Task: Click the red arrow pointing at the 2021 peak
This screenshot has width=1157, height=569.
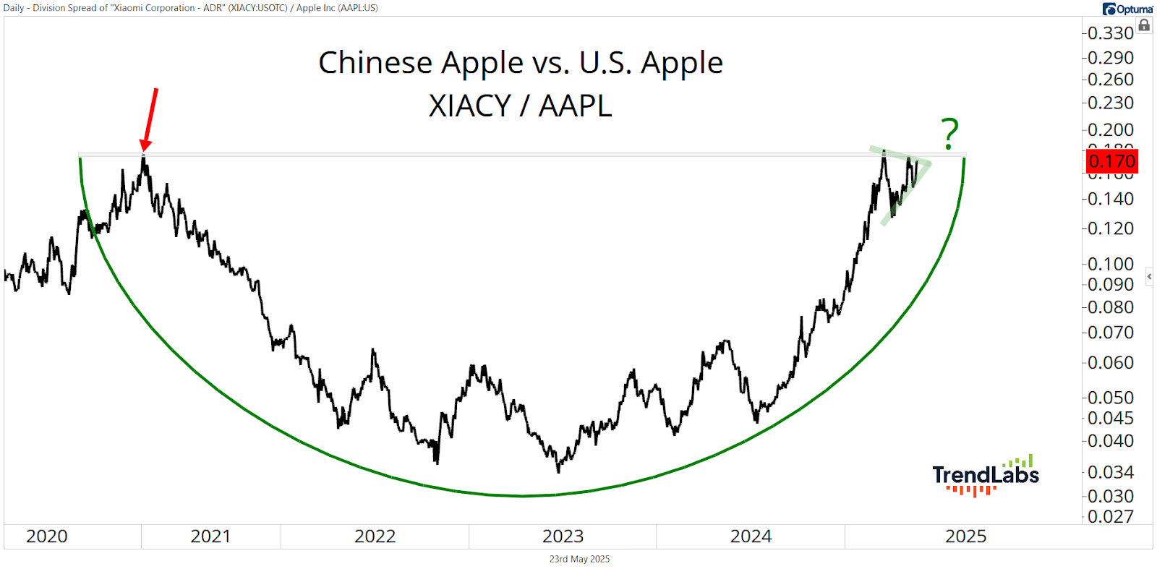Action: [150, 119]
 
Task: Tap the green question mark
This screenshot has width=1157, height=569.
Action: [949, 134]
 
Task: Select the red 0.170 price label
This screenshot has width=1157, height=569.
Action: [1111, 161]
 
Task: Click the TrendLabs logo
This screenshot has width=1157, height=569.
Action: [985, 476]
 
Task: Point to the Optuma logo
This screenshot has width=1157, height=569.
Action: [1127, 9]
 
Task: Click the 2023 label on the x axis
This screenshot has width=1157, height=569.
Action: [563, 536]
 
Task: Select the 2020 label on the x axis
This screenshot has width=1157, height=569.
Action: [47, 536]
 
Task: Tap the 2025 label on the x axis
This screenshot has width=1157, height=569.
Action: [965, 536]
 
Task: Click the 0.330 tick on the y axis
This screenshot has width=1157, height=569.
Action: [1110, 33]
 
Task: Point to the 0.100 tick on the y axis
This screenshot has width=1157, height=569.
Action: [1110, 264]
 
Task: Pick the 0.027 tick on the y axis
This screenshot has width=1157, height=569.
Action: [1110, 516]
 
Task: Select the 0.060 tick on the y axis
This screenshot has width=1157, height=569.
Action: [1110, 362]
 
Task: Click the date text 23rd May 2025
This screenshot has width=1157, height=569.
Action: [579, 559]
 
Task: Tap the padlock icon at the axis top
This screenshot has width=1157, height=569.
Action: [1144, 25]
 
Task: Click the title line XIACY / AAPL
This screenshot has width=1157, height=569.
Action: [520, 106]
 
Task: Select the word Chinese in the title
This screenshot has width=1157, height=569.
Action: [375, 63]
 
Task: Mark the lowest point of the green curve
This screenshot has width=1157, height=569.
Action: [522, 496]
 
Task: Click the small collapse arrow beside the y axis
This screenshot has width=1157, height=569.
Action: [1149, 276]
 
